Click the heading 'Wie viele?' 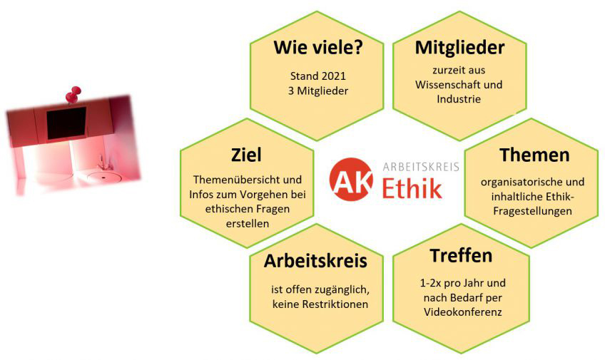[x=317, y=48]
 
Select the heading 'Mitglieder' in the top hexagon [x=459, y=48]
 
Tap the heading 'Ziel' [x=246, y=155]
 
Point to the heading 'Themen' [x=534, y=155]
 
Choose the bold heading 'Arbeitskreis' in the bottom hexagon [x=315, y=261]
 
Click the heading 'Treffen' [x=461, y=255]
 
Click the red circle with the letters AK [x=351, y=179]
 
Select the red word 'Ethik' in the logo [x=412, y=187]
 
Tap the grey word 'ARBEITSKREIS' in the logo [x=421, y=167]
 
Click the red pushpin [x=73, y=94]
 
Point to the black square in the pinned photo [x=66, y=123]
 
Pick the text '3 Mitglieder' [x=318, y=91]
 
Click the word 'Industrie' [x=459, y=99]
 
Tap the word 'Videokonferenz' [x=462, y=312]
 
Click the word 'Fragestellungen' [x=532, y=211]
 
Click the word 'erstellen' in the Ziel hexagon [x=248, y=224]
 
